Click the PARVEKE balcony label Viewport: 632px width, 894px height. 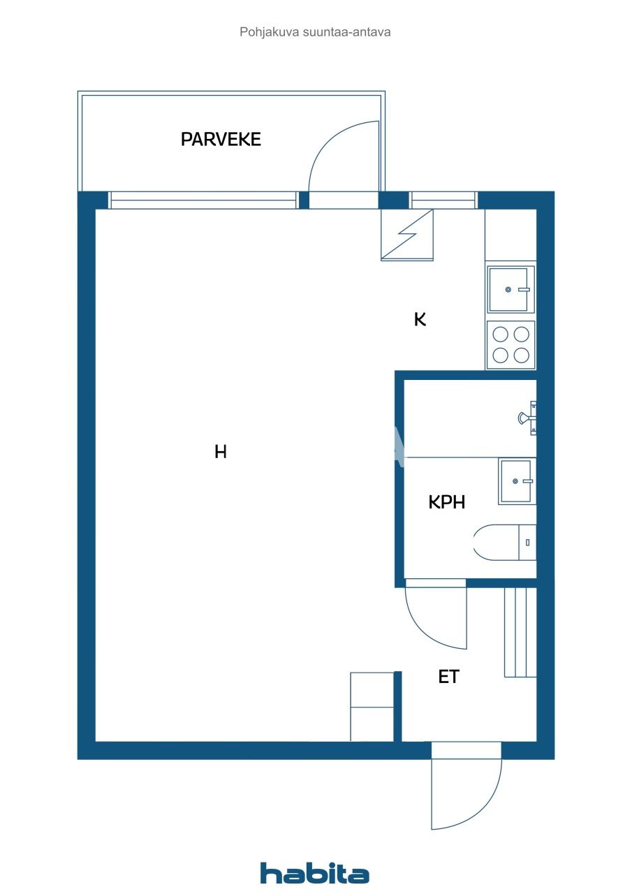tap(221, 139)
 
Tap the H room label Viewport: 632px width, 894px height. tap(221, 453)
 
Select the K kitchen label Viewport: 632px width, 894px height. tap(420, 320)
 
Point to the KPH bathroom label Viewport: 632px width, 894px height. tap(447, 501)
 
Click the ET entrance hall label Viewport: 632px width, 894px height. tap(448, 676)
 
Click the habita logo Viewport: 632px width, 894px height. tap(315, 873)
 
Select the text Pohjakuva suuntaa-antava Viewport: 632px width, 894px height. tap(315, 32)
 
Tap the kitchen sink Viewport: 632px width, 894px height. tap(510, 288)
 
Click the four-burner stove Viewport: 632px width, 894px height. tap(510, 345)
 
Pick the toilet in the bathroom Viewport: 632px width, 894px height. tap(504, 542)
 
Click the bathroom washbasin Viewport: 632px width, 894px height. tap(517, 481)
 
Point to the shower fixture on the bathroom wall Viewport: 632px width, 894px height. tap(527, 418)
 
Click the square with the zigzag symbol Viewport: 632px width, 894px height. tap(407, 235)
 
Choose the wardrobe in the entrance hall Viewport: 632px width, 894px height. tap(520, 632)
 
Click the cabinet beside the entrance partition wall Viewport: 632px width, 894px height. tap(372, 706)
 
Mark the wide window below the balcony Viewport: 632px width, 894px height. tap(203, 200)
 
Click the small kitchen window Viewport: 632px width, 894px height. tap(443, 200)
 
